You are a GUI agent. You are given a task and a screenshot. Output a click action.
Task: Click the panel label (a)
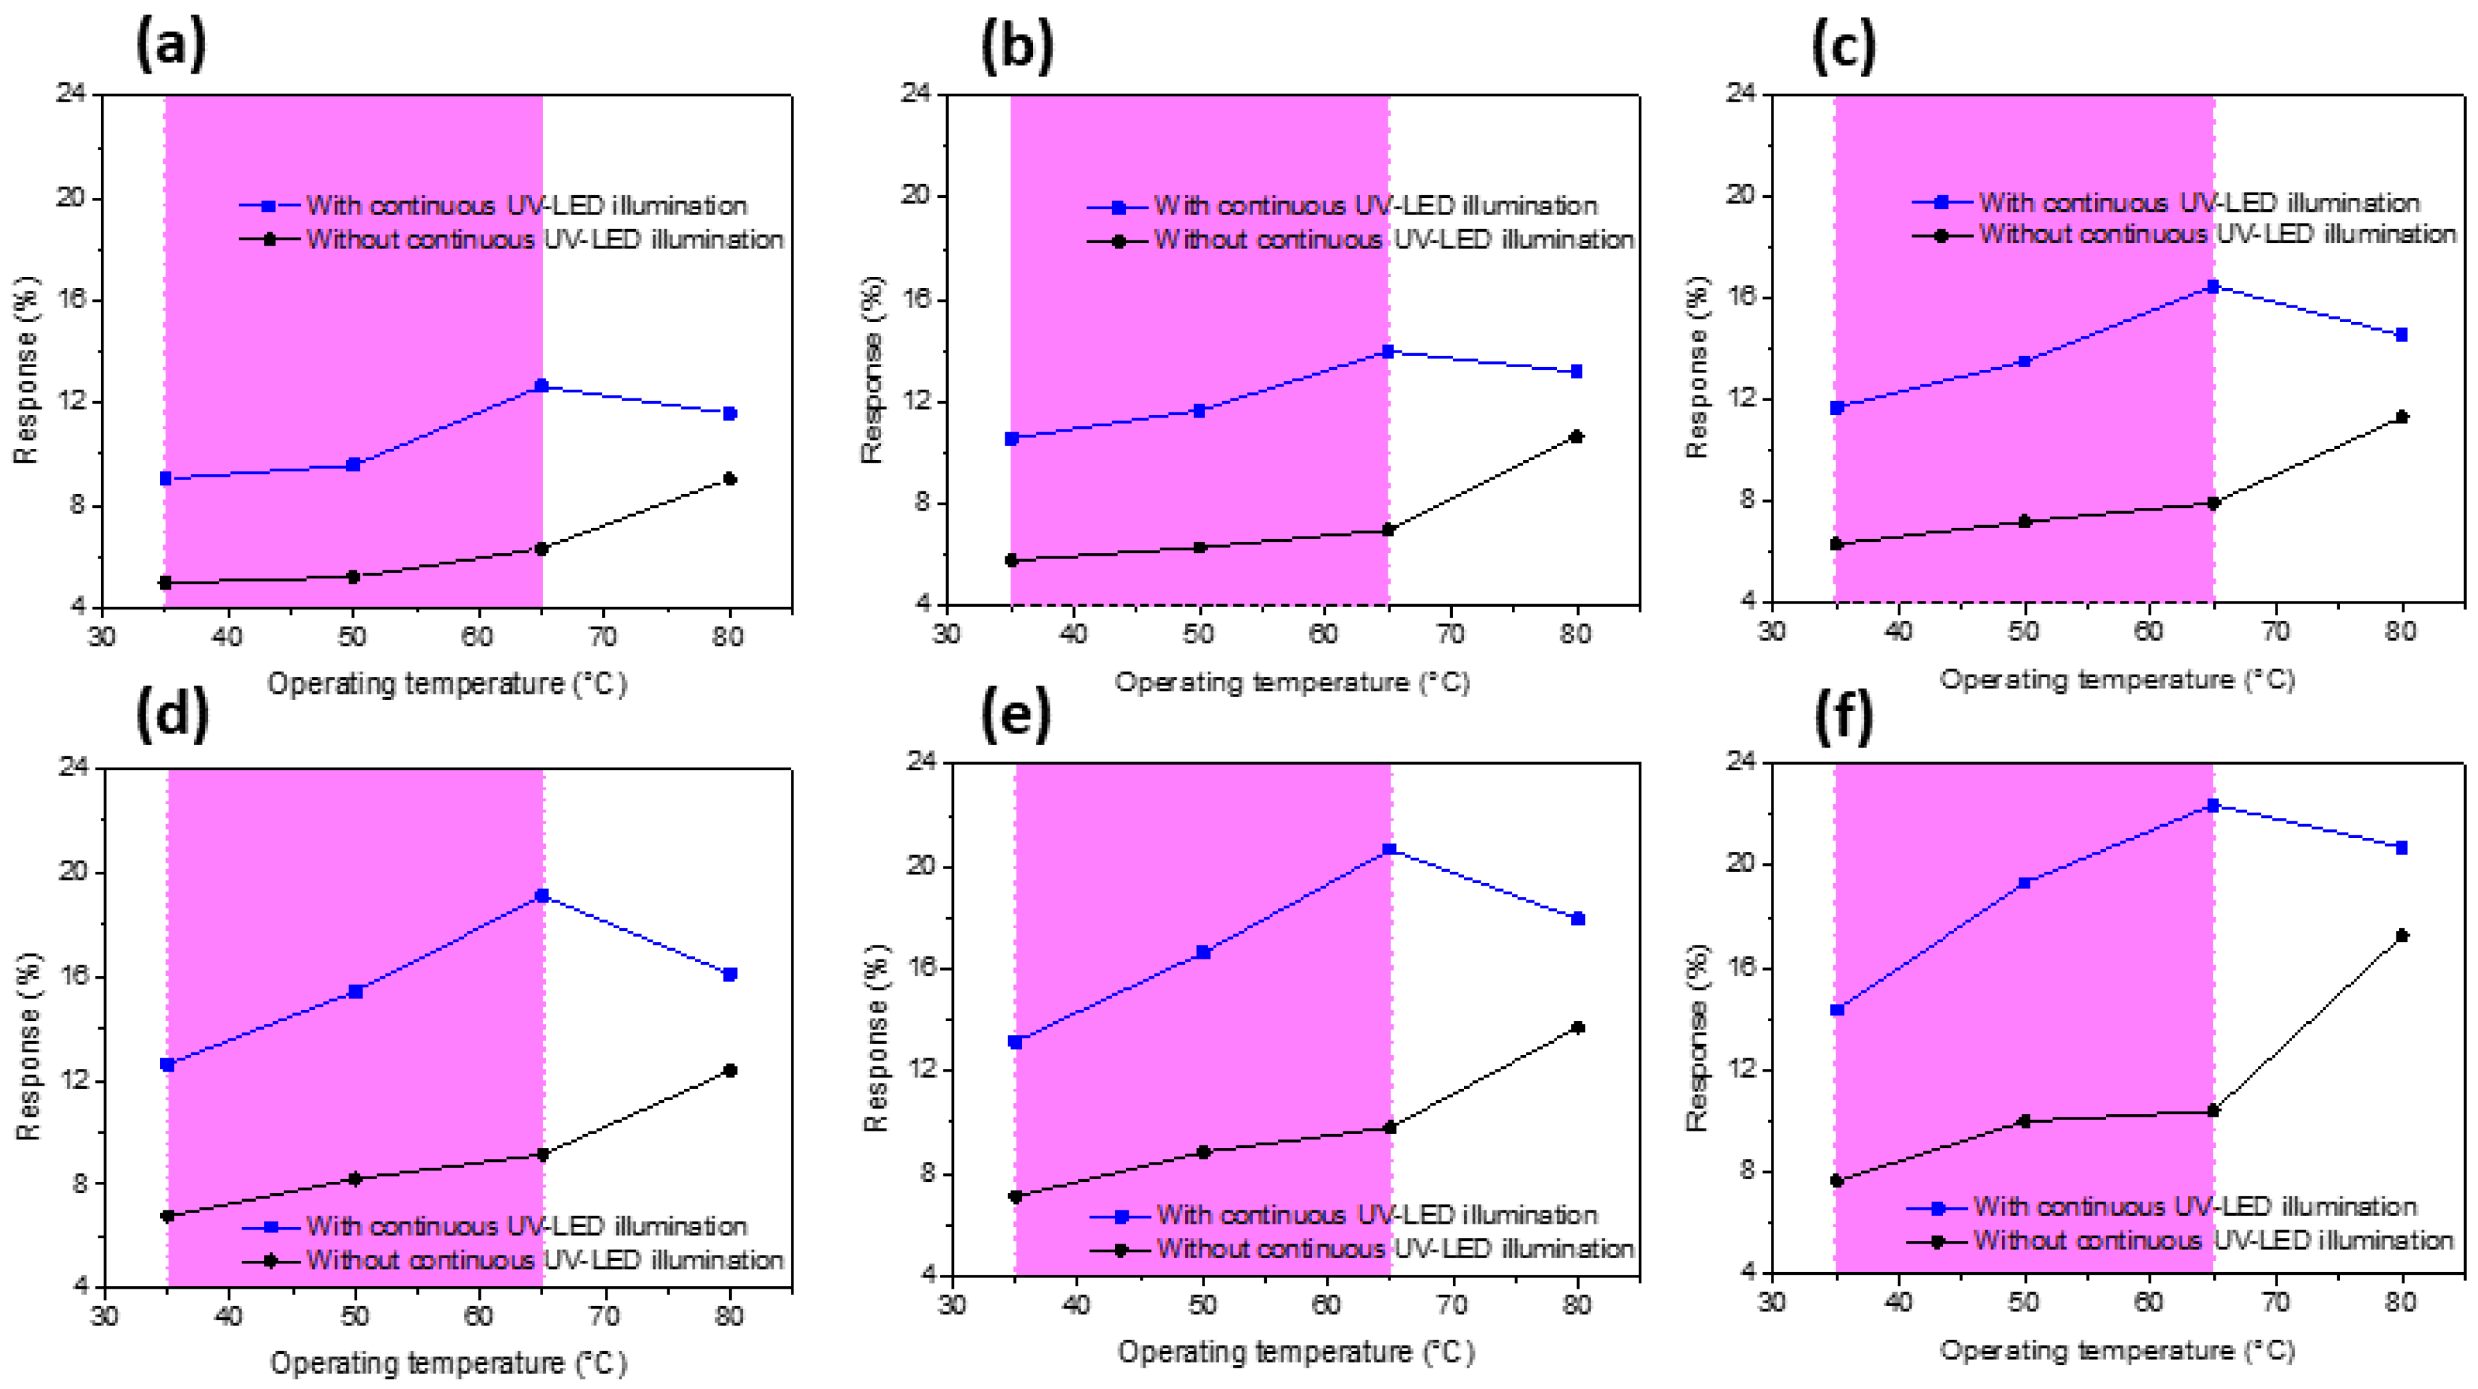click(171, 45)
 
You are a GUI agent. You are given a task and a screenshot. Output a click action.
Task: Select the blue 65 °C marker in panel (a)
click(542, 386)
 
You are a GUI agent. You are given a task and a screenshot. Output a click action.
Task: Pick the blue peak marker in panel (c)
click(2212, 287)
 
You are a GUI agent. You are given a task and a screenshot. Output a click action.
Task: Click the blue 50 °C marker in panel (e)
click(1202, 952)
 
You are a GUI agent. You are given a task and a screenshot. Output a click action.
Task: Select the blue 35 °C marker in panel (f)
click(1837, 1010)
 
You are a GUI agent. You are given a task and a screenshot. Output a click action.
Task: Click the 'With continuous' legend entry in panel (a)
click(525, 206)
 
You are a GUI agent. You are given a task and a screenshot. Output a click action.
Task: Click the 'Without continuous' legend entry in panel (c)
click(2216, 234)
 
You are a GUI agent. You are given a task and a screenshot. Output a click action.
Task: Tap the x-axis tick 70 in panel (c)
click(2275, 631)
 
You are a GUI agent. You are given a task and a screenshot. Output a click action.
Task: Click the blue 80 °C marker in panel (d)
click(730, 975)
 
